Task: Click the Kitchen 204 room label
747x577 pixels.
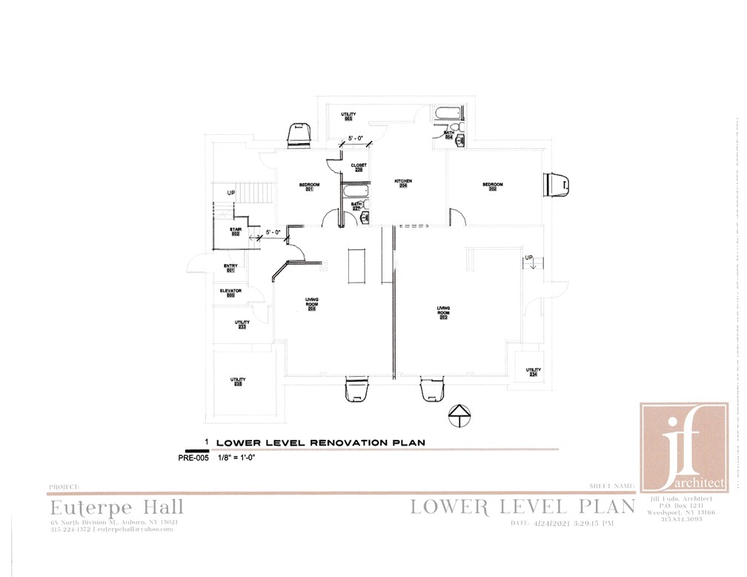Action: click(x=402, y=183)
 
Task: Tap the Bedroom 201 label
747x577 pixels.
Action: click(x=309, y=186)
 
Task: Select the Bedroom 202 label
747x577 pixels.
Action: click(x=493, y=186)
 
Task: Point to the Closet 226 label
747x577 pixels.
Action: click(x=359, y=167)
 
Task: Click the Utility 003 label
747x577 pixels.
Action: click(x=348, y=116)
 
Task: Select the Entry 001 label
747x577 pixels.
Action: click(x=230, y=268)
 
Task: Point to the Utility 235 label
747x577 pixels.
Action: click(x=238, y=382)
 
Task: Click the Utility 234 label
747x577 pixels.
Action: click(x=533, y=372)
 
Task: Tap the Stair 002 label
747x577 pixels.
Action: click(x=236, y=231)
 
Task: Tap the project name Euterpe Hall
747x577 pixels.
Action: click(x=116, y=509)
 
